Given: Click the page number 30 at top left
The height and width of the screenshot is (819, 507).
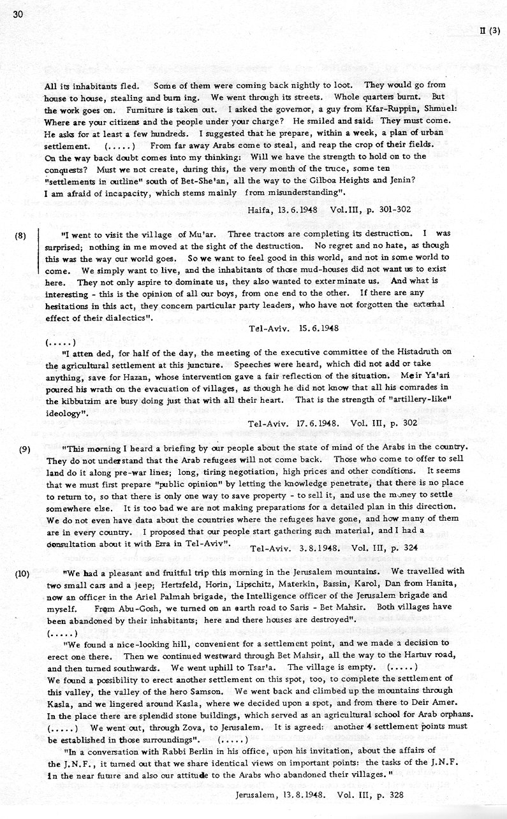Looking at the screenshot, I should [x=17, y=17].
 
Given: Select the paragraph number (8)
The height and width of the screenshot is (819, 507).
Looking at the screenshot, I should [x=19, y=235].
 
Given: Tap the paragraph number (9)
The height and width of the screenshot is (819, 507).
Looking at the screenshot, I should [x=25, y=449].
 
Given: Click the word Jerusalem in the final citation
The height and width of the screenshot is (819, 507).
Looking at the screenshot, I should [x=256, y=795].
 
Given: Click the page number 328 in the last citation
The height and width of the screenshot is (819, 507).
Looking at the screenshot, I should [x=395, y=795].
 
